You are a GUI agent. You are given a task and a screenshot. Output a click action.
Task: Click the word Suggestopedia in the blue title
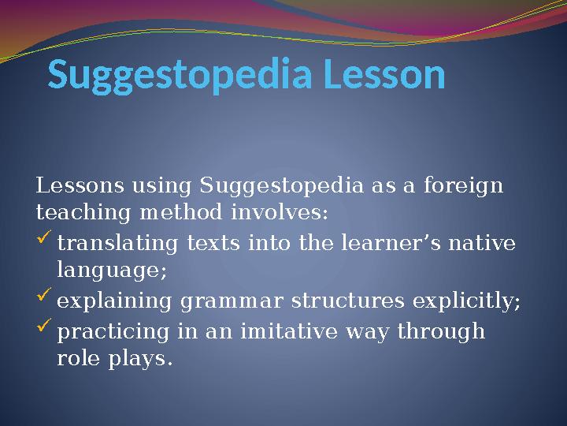click(x=171, y=77)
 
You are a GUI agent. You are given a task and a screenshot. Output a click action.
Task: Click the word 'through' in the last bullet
click(x=443, y=331)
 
